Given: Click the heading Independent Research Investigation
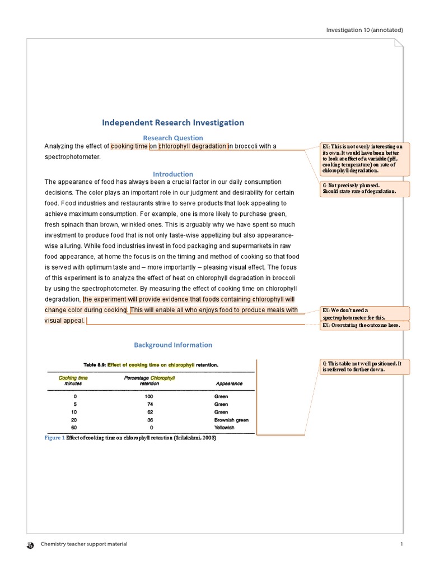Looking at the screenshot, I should [172, 122].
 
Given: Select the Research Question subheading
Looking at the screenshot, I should [172, 138].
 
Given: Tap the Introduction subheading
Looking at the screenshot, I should [172, 174].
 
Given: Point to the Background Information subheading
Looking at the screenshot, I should [172, 345].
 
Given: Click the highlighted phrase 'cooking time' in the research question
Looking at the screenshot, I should [130, 146].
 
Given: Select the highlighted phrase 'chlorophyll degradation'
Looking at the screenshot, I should [193, 146].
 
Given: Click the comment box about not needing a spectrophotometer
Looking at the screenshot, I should [364, 313].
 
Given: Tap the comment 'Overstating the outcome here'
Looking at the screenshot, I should [364, 326].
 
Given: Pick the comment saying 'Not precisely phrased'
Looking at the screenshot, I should [364, 188].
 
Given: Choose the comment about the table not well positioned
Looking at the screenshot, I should [364, 367].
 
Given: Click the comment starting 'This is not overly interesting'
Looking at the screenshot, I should [364, 158].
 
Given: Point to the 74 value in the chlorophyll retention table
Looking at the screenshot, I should [149, 404].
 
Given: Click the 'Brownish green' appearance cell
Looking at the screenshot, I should [231, 419].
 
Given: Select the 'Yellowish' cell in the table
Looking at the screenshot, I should [225, 427].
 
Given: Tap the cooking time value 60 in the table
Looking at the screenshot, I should [74, 427].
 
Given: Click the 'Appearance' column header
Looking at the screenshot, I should [229, 383].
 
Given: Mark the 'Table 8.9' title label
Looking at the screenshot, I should [94, 364].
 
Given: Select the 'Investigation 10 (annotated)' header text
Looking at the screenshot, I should [364, 30].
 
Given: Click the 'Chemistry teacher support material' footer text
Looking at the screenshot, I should [84, 544].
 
